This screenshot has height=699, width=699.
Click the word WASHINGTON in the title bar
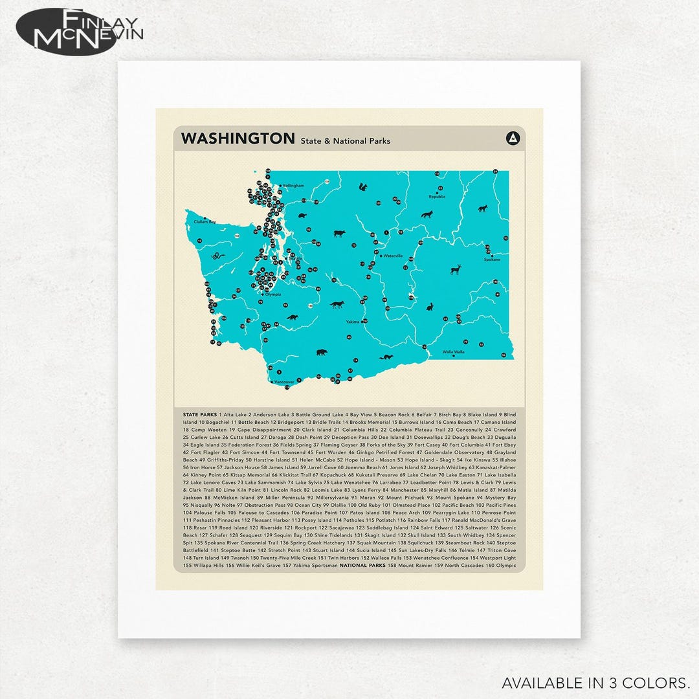(x=238, y=139)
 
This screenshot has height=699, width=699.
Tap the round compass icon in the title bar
(x=513, y=138)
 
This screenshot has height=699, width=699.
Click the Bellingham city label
(x=293, y=186)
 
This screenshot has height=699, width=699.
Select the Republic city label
(x=437, y=196)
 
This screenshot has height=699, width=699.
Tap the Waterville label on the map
(x=393, y=256)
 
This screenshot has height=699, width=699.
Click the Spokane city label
(x=492, y=260)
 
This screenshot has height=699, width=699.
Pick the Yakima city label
(x=351, y=322)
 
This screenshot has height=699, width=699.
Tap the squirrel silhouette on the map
(x=364, y=188)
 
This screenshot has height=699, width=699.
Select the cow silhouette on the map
(x=338, y=234)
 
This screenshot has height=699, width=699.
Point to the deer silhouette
(x=455, y=269)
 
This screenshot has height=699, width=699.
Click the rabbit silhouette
(x=428, y=305)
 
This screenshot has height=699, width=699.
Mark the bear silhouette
(x=321, y=353)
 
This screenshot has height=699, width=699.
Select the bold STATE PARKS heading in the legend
(x=200, y=414)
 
